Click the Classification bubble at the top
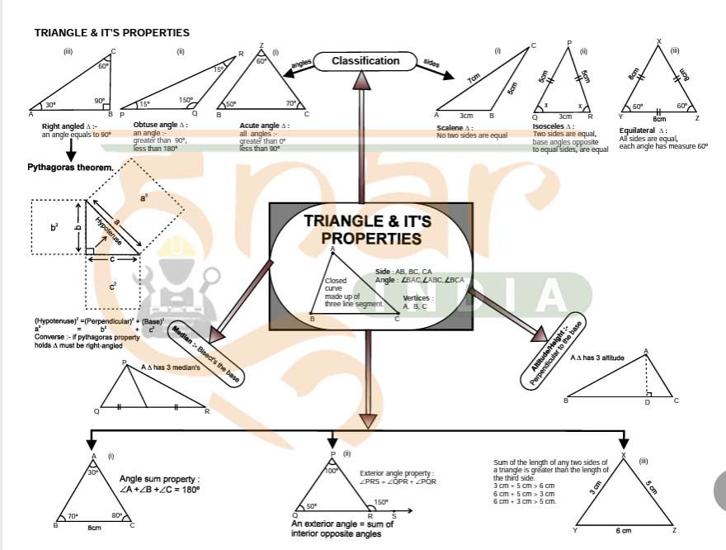click(x=365, y=61)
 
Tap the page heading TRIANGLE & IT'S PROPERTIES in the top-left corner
click(x=111, y=33)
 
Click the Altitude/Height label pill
click(x=554, y=354)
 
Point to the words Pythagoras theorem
click(x=70, y=168)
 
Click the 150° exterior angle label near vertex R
click(x=380, y=501)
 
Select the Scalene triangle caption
click(x=455, y=129)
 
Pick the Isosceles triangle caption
click(x=553, y=126)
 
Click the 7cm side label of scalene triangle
click(x=474, y=79)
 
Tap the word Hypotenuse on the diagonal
click(x=108, y=230)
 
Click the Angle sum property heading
click(x=159, y=479)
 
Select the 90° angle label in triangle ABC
click(x=100, y=101)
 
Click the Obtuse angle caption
click(x=160, y=125)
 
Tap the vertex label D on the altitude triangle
click(x=647, y=402)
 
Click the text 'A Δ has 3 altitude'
click(x=597, y=358)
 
